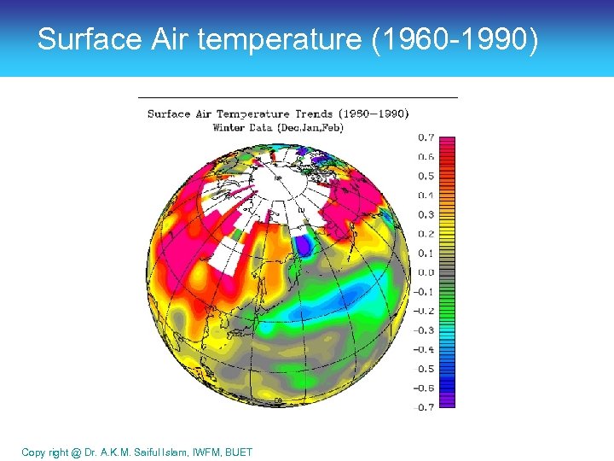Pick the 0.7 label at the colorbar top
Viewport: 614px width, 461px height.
(x=425, y=137)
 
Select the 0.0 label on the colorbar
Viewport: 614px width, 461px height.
(x=425, y=272)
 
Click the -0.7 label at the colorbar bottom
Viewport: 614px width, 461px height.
(x=423, y=407)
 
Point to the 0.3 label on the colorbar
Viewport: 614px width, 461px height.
(x=425, y=214)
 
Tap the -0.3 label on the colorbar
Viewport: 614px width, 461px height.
(x=423, y=330)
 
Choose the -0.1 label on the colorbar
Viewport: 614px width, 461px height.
(x=423, y=291)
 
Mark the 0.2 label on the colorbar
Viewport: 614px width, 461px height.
(x=425, y=234)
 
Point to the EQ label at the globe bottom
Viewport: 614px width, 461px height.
(x=277, y=400)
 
